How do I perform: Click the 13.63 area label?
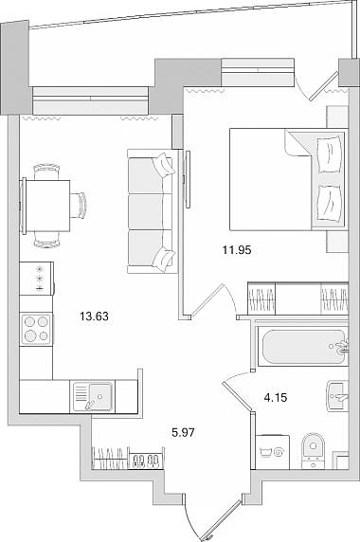[x=94, y=316]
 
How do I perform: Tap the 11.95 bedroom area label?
[x=237, y=249]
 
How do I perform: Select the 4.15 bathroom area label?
[x=276, y=398]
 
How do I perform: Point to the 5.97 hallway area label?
[x=184, y=432]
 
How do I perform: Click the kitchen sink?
[x=93, y=396]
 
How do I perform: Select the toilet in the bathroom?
[x=313, y=451]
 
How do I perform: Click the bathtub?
[x=303, y=347]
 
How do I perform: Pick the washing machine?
[x=272, y=452]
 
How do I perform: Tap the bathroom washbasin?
[x=337, y=396]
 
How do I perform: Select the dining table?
[x=45, y=206]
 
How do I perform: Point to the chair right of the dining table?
[x=79, y=205]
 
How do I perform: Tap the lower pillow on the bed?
[x=330, y=202]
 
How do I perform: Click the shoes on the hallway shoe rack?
[x=146, y=461]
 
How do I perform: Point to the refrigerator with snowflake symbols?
[x=37, y=279]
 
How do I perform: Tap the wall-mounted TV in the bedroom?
[x=188, y=179]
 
